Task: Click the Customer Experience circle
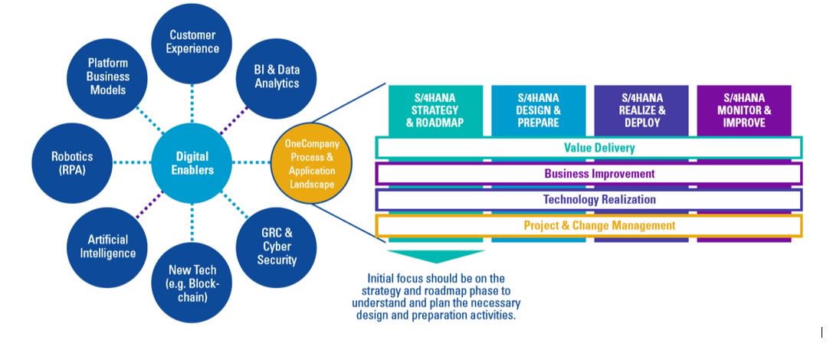[x=193, y=42]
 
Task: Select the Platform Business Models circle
[x=108, y=77]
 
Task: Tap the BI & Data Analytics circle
[x=277, y=76]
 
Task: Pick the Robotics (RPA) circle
[x=71, y=163]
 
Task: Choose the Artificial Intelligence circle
[x=107, y=247]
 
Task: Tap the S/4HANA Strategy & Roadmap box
[x=435, y=110]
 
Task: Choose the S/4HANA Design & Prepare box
[x=539, y=110]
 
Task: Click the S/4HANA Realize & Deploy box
[x=641, y=110]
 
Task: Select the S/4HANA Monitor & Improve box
[x=743, y=110]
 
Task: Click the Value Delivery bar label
[x=589, y=148]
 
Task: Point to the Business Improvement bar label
[x=589, y=174]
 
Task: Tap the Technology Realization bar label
[x=589, y=200]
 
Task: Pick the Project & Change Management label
[x=589, y=226]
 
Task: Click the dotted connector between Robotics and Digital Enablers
[x=131, y=163]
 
